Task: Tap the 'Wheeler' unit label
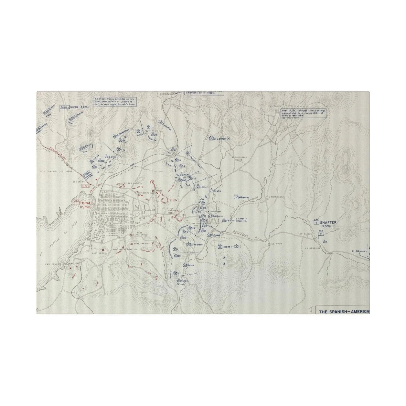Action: click(x=244, y=198)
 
